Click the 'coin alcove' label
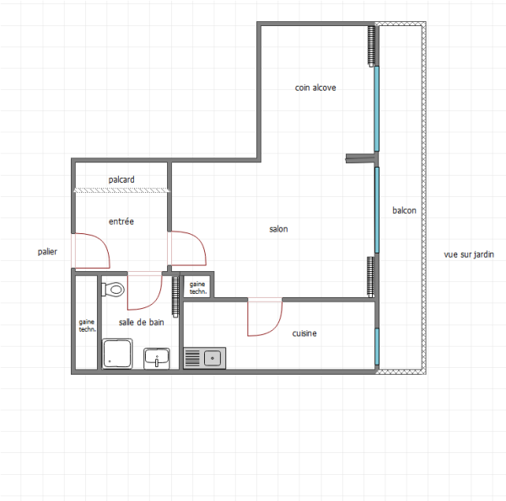[315, 88]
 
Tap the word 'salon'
[278, 229]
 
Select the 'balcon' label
[404, 211]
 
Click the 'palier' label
[47, 252]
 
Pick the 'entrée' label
[121, 221]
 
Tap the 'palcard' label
[121, 179]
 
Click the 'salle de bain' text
[141, 322]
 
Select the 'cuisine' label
[304, 334]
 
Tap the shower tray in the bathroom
[118, 354]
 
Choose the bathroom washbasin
[157, 358]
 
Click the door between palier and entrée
[88, 250]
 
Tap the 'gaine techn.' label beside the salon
[197, 287]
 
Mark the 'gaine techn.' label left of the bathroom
[87, 325]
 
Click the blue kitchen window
[376, 346]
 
